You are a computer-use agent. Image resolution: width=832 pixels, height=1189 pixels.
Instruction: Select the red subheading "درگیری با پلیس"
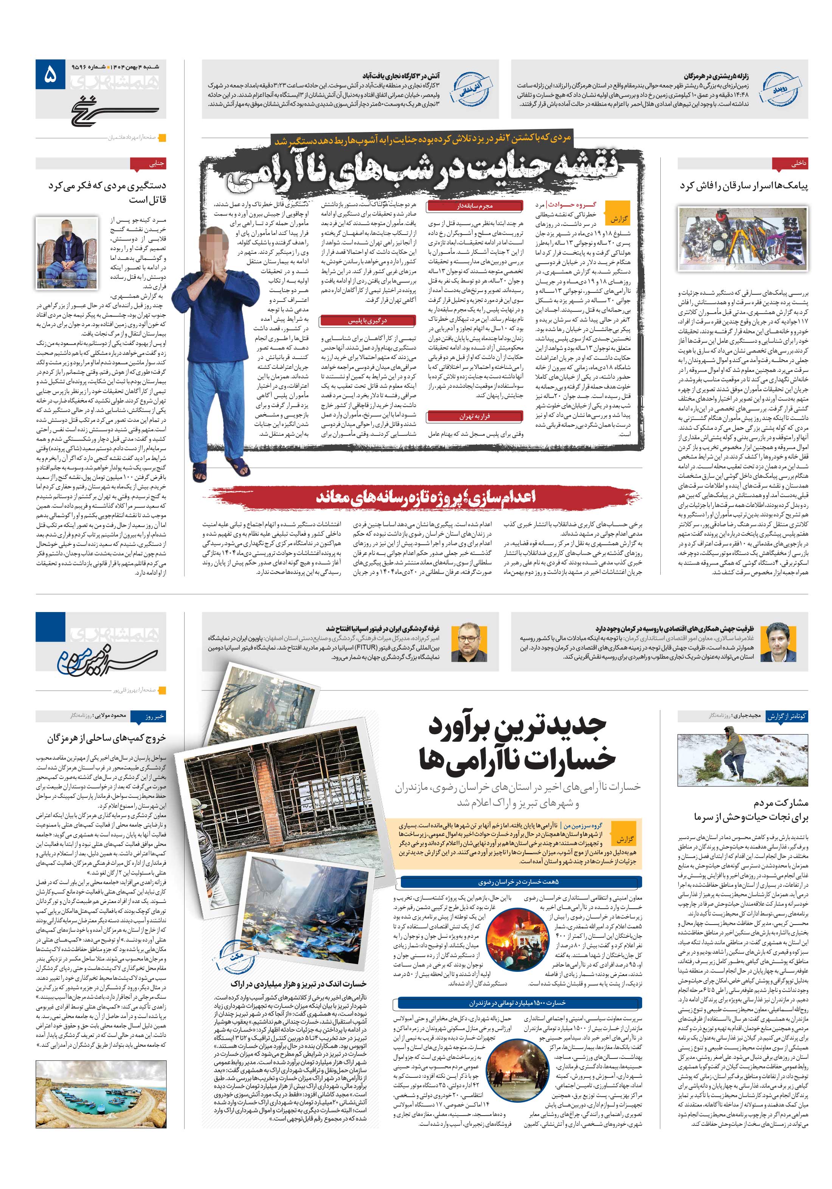[368, 320]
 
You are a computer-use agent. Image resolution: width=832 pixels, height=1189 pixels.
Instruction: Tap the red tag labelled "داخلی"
[790, 164]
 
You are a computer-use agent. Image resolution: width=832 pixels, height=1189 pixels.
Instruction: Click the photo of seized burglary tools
[742, 239]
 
